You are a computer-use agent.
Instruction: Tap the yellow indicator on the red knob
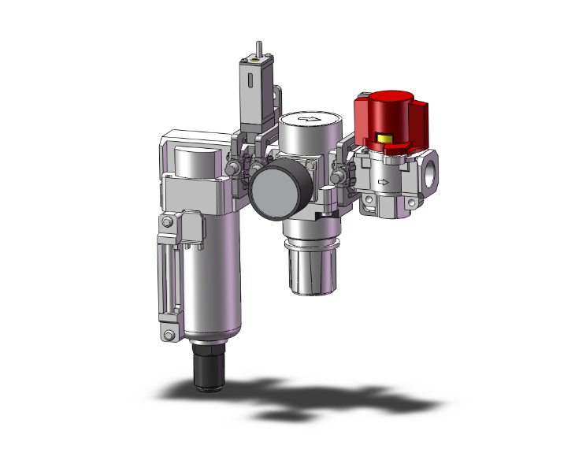(385, 141)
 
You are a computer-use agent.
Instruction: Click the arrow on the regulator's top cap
(313, 120)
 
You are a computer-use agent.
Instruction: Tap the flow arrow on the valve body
(384, 183)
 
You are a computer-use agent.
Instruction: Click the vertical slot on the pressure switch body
(249, 82)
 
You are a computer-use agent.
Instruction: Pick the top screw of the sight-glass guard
(166, 225)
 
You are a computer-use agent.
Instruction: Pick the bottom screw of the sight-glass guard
(166, 336)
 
